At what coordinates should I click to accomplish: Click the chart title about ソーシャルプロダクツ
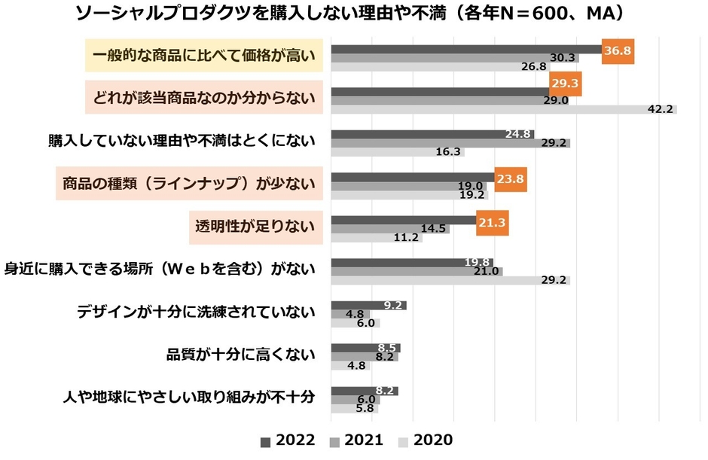tap(354, 14)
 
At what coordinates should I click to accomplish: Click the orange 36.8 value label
tap(617, 51)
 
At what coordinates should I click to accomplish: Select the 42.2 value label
tap(660, 109)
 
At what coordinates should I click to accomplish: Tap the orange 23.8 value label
tap(509, 180)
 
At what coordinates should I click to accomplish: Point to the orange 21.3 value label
tap(491, 223)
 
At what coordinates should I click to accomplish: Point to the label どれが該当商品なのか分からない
tap(203, 97)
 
